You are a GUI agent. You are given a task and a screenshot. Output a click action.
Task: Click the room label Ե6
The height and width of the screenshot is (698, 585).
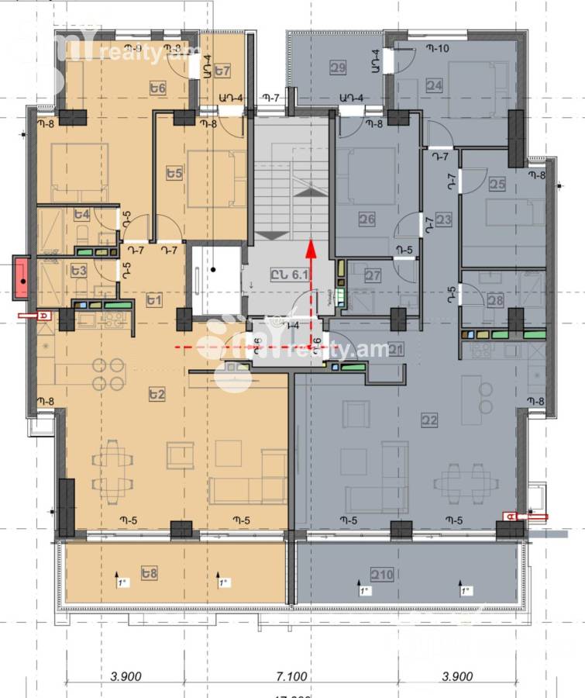[x=158, y=88]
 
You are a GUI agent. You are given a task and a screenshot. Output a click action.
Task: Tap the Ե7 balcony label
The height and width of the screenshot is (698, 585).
[x=223, y=71]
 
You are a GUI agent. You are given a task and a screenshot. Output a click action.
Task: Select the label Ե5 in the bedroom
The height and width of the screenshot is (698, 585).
[x=174, y=172]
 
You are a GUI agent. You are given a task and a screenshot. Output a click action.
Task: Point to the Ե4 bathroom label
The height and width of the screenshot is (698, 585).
[x=81, y=214]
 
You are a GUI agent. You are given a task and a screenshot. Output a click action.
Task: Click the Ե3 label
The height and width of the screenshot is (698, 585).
[x=77, y=271]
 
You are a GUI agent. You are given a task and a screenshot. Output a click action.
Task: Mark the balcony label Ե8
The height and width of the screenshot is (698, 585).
[x=150, y=573]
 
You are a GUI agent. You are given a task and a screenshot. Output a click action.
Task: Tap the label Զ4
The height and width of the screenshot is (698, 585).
[x=434, y=85]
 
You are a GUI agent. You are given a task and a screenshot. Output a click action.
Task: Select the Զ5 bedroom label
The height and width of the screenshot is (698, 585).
[x=497, y=184]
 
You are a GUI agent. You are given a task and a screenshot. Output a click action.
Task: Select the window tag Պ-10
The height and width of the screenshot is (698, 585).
[x=437, y=49]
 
